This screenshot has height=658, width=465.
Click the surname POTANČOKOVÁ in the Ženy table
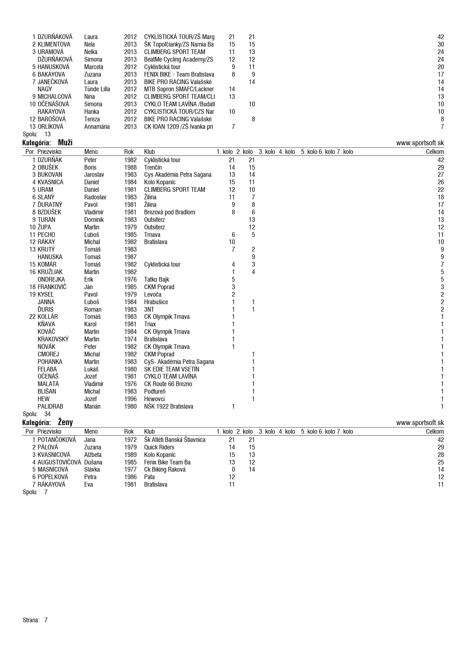[57, 440]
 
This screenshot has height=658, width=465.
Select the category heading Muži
[65, 143]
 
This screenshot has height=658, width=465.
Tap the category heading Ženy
[65, 423]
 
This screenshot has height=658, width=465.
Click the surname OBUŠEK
[48, 167]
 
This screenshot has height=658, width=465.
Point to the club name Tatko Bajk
[156, 279]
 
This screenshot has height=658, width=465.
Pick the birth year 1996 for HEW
[130, 399]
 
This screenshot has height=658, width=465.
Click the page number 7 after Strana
[46, 620]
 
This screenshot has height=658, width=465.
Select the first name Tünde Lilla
[97, 89]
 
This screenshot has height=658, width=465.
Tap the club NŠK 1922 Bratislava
[168, 406]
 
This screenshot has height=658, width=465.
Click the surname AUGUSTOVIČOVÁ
[59, 462]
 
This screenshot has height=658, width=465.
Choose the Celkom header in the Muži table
[435, 152]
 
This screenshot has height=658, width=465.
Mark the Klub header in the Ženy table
[149, 432]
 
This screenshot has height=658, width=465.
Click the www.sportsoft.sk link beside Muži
[420, 143]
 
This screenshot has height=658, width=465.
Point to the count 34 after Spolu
[47, 414]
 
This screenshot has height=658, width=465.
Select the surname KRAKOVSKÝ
[53, 339]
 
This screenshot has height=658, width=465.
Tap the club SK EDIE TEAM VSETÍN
[171, 369]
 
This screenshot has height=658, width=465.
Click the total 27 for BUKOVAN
[440, 175]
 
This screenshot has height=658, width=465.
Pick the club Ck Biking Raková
[165, 469]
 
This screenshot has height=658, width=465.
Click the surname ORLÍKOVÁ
[50, 127]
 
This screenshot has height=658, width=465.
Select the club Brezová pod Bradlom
[170, 212]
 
